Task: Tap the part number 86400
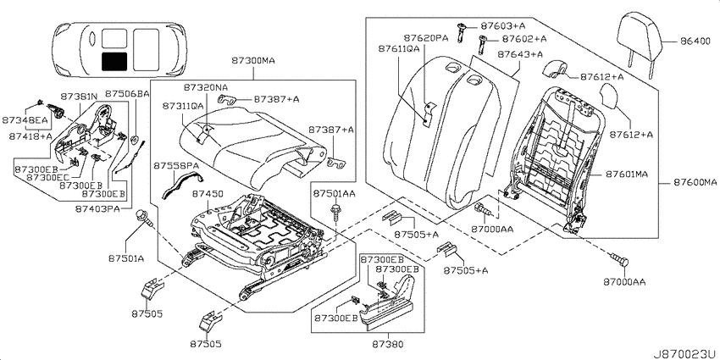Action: pyautogui.click(x=695, y=42)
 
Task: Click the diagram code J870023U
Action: pyautogui.click(x=686, y=353)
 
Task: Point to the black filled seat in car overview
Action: pyautogui.click(x=114, y=61)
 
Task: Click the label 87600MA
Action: pyautogui.click(x=695, y=183)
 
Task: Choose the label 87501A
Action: pyautogui.click(x=126, y=258)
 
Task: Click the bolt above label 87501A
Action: pyautogui.click(x=144, y=218)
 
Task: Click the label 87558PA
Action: pyautogui.click(x=176, y=165)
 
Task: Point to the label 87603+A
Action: pyautogui.click(x=503, y=25)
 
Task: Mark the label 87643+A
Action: pyautogui.click(x=520, y=54)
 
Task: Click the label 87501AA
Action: pyautogui.click(x=335, y=194)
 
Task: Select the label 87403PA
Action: pyautogui.click(x=97, y=209)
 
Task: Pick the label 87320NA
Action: pyautogui.click(x=206, y=86)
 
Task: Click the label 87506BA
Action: pyautogui.click(x=127, y=94)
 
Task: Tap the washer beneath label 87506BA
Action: pyautogui.click(x=136, y=138)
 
